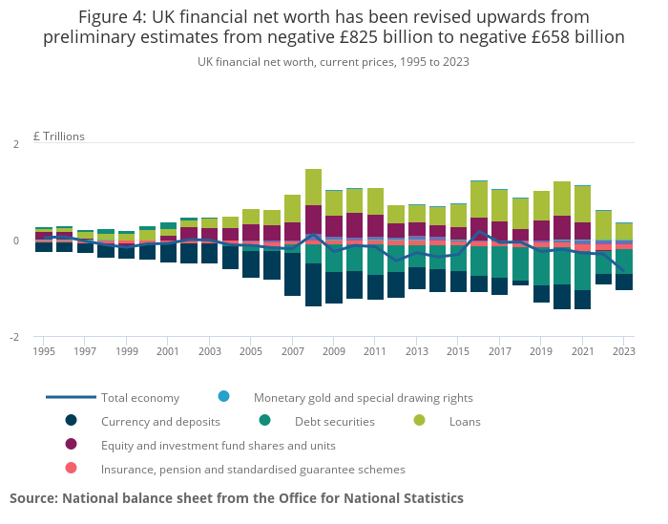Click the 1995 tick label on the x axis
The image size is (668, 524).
(x=43, y=351)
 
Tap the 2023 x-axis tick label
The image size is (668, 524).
(x=623, y=351)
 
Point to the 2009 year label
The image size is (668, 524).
(x=333, y=351)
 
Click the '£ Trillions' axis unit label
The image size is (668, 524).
(x=59, y=136)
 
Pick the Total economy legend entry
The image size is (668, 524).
(x=141, y=397)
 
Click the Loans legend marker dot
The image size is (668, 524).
(x=418, y=421)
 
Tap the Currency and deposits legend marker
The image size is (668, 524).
(x=71, y=421)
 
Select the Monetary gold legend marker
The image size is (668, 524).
(x=223, y=397)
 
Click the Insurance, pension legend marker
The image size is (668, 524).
(x=71, y=469)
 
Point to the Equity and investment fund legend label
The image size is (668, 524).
(x=218, y=445)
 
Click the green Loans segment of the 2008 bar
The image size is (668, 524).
(x=313, y=187)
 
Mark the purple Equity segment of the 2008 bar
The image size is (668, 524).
(x=313, y=220)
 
